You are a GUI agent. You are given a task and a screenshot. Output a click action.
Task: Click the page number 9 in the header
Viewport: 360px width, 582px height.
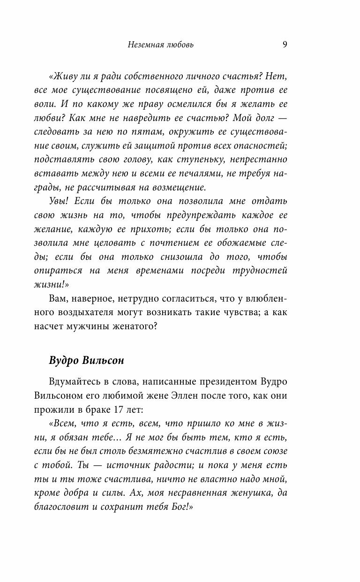point(285,45)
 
